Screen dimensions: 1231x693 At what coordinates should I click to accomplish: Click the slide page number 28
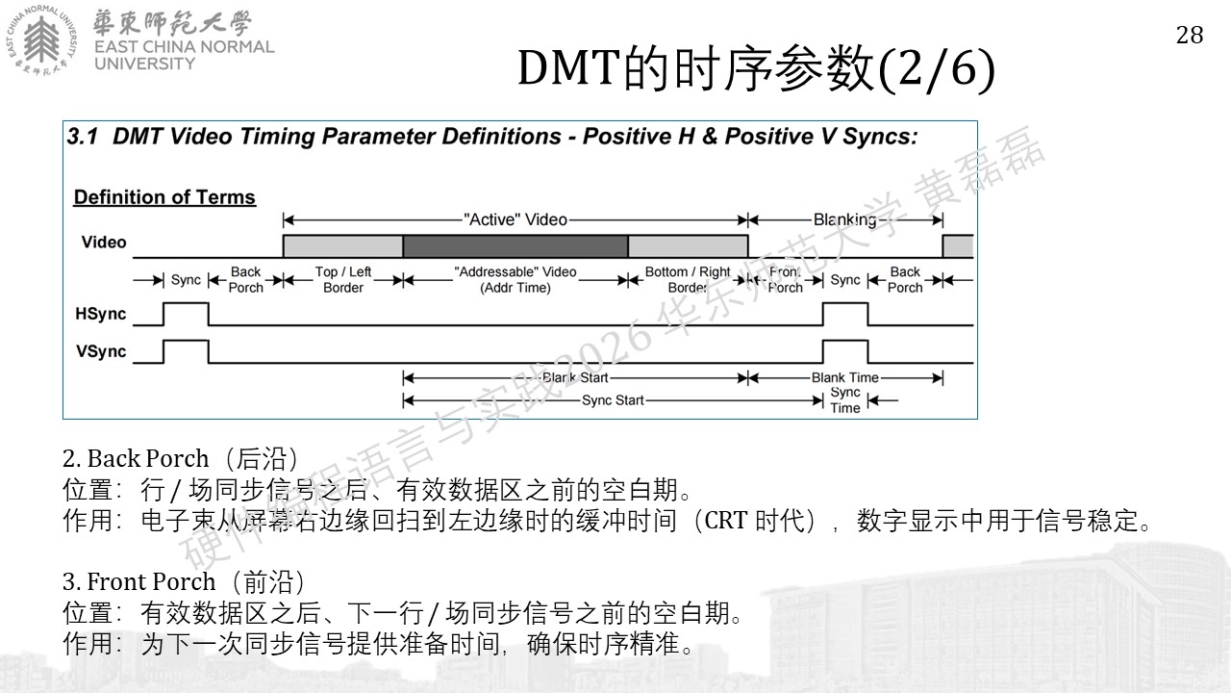coord(1190,36)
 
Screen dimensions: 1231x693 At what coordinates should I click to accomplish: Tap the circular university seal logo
coord(41,40)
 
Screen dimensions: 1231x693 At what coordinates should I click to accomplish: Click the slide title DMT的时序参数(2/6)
coord(756,69)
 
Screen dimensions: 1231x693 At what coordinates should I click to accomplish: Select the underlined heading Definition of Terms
coord(164,197)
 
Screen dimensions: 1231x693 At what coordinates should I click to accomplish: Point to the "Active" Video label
coord(515,220)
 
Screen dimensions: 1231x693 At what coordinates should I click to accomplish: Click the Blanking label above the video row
coord(844,220)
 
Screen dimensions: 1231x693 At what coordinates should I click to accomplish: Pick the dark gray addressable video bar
coord(515,246)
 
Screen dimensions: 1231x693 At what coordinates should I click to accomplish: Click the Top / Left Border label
coord(343,279)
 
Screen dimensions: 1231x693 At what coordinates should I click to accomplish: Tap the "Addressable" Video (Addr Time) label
coord(515,279)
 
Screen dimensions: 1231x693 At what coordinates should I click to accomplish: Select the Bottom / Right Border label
coord(688,279)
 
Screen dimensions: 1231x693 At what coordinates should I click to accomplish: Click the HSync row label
coord(101,314)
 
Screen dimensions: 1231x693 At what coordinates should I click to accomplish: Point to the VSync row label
coord(101,351)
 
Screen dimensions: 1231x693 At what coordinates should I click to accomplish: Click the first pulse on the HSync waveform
coord(186,303)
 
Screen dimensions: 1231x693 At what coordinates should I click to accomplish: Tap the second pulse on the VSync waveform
coord(845,342)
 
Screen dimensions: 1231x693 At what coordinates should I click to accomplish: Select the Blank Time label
coord(845,378)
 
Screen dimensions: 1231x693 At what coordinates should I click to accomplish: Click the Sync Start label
coord(613,400)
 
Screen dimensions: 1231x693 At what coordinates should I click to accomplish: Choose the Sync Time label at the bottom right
coord(845,399)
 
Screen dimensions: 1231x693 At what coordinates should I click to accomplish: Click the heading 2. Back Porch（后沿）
coord(180,459)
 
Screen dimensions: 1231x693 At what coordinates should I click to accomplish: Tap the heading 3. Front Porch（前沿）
coord(184,582)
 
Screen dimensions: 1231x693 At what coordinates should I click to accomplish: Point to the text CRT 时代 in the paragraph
coord(755,521)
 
